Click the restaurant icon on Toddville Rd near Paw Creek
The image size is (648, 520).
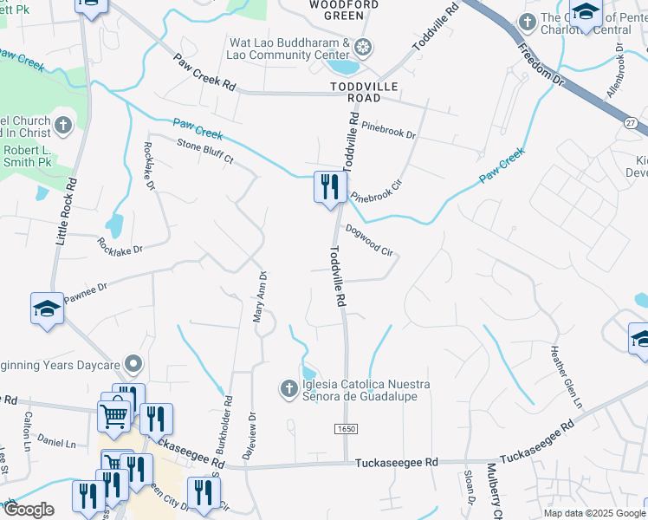click(x=330, y=187)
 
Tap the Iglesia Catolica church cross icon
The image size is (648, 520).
click(x=290, y=389)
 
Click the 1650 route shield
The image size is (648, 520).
click(x=345, y=430)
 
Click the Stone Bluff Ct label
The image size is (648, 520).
click(x=205, y=152)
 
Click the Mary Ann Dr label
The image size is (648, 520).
click(x=257, y=296)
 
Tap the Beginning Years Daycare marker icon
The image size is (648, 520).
click(x=133, y=362)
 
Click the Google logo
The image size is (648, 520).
click(x=29, y=510)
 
